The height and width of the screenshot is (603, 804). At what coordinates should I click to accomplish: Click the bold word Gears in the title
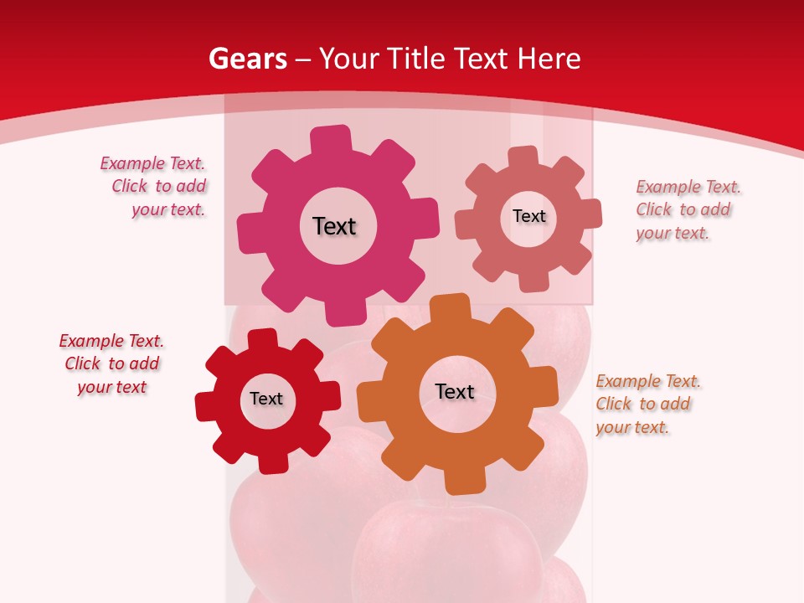pos(247,59)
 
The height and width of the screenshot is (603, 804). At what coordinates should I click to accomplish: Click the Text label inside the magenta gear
pos(334,226)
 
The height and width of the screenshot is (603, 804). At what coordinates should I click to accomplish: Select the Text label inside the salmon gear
pos(528,216)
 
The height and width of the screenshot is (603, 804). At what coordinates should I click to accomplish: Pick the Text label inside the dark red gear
pos(266,399)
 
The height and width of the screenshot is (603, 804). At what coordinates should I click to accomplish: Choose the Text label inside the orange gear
pos(455,391)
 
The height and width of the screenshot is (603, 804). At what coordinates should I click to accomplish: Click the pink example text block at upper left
pos(154,187)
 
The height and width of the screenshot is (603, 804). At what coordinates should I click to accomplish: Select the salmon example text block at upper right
pos(688,209)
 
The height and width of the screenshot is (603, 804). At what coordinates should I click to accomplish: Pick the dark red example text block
pos(111,363)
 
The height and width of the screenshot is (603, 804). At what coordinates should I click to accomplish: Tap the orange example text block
pos(647,404)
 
